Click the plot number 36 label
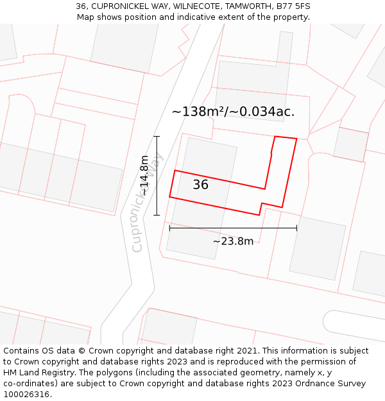(201, 185)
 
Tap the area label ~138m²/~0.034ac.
(233, 112)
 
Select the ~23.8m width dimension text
(233, 241)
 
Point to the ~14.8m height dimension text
(145, 175)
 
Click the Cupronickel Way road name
(148, 203)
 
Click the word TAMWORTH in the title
(244, 6)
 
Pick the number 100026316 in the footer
(26, 395)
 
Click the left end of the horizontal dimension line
(169, 227)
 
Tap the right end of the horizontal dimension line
(296, 227)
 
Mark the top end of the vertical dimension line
(157, 136)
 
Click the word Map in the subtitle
(86, 17)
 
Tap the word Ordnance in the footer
(315, 384)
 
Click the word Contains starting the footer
(22, 351)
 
